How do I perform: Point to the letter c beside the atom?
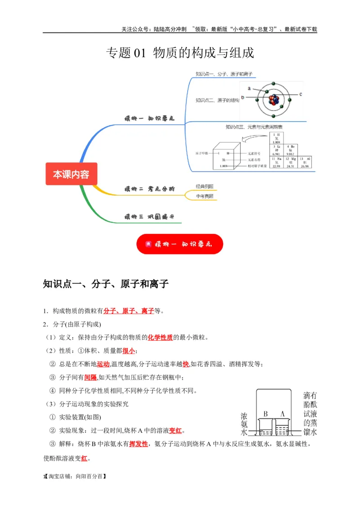(300, 94)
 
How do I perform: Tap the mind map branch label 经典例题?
(204, 186)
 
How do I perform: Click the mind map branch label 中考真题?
(204, 196)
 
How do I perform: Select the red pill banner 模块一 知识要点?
(180, 244)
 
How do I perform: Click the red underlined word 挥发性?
(139, 444)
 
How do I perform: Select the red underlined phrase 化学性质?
(160, 337)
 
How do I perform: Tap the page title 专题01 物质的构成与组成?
(180, 53)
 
